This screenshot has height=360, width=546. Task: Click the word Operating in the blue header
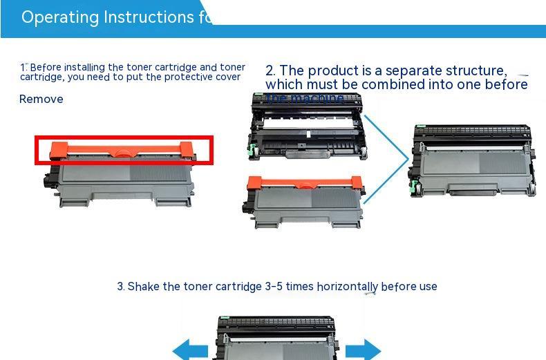point(60,17)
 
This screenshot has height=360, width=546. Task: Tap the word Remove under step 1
point(41,99)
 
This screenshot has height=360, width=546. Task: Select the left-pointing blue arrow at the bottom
point(189,350)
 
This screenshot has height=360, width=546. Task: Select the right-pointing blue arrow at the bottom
point(363,350)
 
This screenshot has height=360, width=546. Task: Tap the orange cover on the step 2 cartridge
point(305,182)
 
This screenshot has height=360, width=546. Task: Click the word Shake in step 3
point(144,286)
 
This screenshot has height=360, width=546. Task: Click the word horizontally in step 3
point(342,286)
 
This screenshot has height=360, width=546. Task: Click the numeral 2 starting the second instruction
point(270,70)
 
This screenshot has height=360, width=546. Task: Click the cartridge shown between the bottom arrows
point(277,339)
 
